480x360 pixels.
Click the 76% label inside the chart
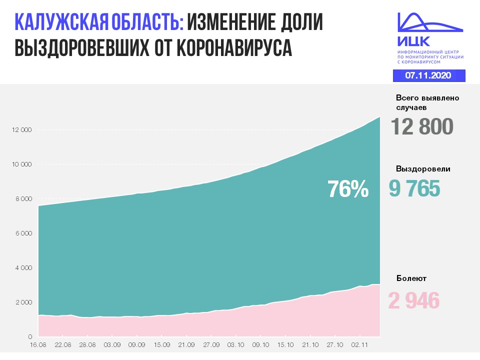(x=348, y=189)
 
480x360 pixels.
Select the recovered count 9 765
(x=414, y=189)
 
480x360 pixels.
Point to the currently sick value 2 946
(x=414, y=301)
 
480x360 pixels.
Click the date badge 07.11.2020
(x=428, y=75)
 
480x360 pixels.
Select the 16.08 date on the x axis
(x=38, y=345)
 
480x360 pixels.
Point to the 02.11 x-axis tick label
(x=359, y=345)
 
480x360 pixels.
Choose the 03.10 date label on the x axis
(x=235, y=345)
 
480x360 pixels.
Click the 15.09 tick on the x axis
(x=161, y=345)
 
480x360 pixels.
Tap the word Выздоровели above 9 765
(x=423, y=169)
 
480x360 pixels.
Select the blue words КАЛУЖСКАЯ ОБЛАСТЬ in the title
(x=99, y=23)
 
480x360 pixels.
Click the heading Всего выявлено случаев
(x=427, y=102)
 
